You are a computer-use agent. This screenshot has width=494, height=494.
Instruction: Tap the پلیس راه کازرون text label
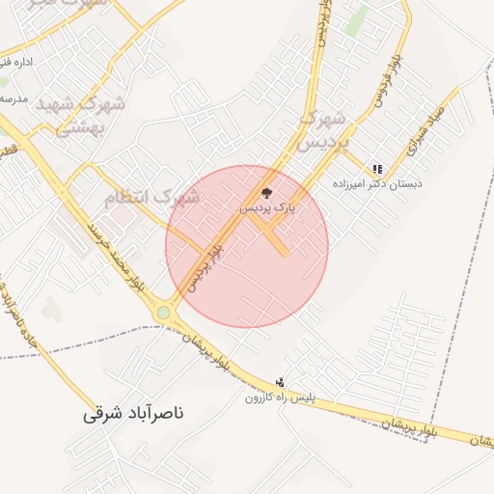pos(280,397)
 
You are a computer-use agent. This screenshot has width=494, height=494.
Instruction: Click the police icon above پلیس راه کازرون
pos(280,381)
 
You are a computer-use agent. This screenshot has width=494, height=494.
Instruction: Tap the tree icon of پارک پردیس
pos(267,193)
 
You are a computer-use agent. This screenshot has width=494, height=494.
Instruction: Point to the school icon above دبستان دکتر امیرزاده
pos(377,168)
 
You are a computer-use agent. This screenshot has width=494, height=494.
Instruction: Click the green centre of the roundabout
pos(164,313)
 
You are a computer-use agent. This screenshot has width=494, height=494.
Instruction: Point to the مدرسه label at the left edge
pos(14,98)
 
